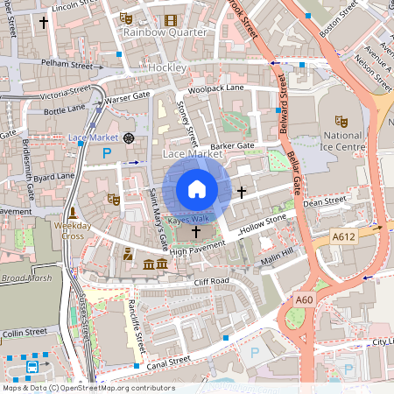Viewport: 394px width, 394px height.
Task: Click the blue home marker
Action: (197, 189)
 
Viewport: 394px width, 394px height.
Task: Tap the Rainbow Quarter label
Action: (165, 32)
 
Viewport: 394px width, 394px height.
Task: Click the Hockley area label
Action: (166, 67)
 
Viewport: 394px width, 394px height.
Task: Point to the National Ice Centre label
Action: (341, 142)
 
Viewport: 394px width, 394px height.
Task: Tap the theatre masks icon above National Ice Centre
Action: (341, 121)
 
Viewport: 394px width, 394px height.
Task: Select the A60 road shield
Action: (304, 300)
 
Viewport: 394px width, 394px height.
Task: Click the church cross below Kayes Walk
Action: (194, 232)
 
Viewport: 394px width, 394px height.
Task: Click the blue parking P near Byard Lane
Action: (107, 152)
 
